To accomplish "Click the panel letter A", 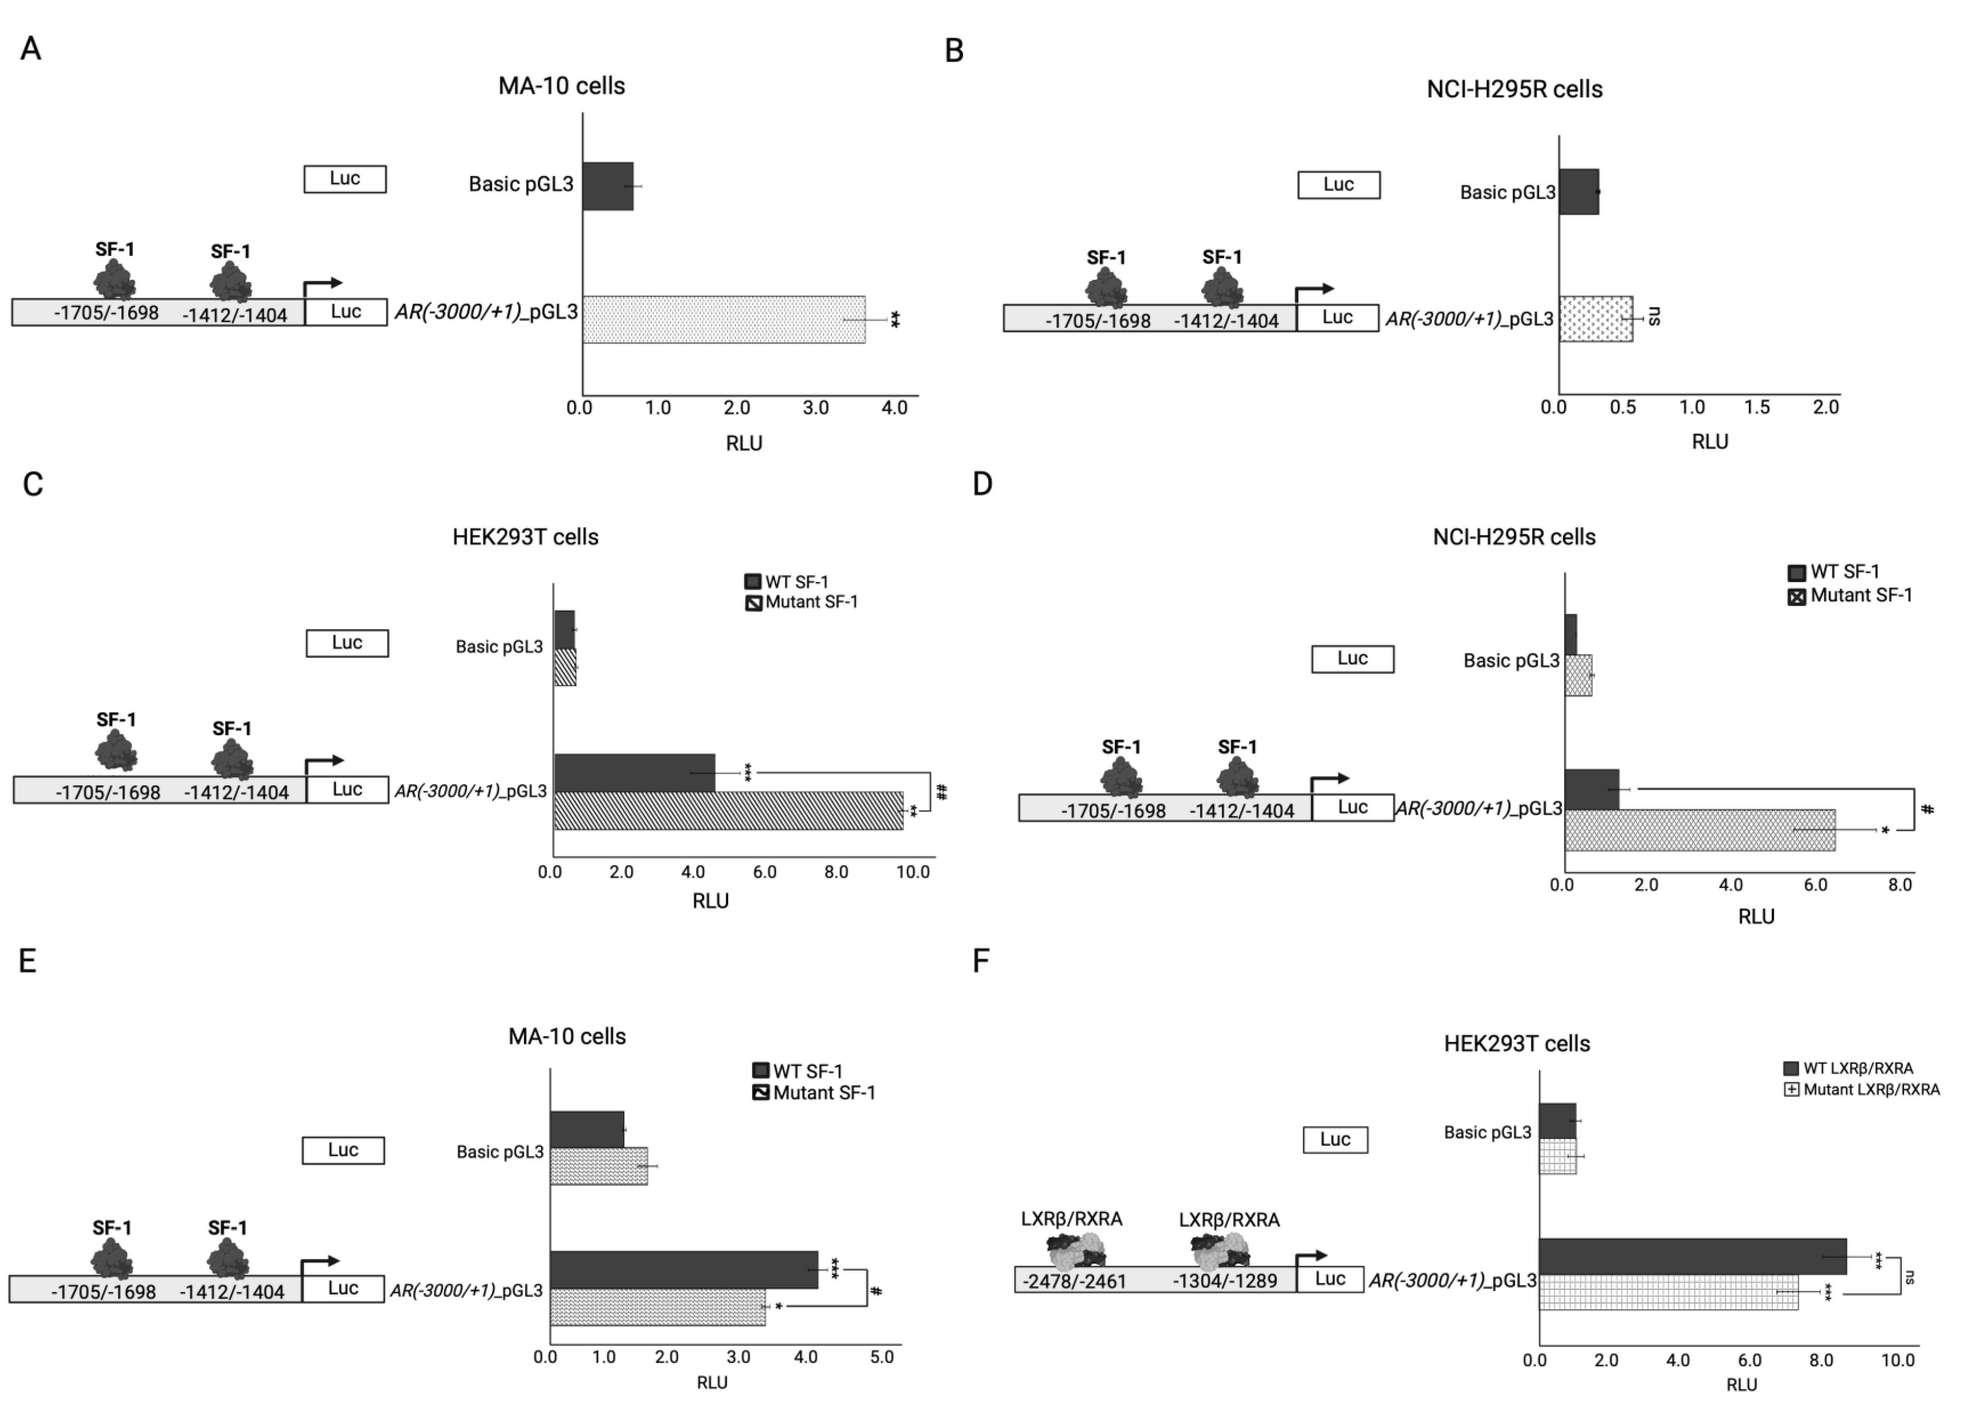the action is [30, 49].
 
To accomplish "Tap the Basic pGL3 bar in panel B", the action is [1578, 192].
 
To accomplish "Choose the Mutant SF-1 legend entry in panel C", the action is [801, 602].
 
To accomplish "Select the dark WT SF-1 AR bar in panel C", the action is [634, 773].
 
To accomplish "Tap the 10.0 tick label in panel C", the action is [912, 871].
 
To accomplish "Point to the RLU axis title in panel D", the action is [1755, 917].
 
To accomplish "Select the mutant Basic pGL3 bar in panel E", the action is [598, 1166].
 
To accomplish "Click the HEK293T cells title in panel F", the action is [1517, 1043].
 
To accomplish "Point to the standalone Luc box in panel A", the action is [345, 179].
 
